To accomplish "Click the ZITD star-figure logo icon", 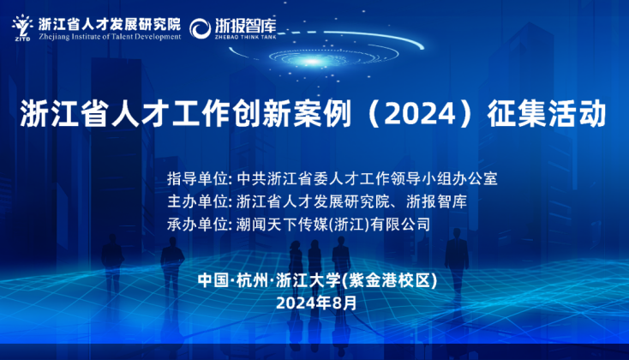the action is coord(22,27).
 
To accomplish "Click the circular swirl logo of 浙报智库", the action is coord(200,28).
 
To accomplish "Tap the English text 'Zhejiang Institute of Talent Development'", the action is coord(110,37).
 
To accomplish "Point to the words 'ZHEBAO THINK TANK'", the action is coord(245,37).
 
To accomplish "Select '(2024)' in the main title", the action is coord(420,114).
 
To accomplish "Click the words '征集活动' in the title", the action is coord(547,114).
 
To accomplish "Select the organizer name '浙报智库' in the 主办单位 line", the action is coord(436,201).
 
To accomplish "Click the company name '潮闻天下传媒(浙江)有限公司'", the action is coord(333,225).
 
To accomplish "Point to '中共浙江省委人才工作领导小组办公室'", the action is coord(367,178).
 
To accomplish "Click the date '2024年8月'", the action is coord(316,303).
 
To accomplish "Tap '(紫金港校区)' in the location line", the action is coord(389,280).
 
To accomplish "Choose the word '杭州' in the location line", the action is coord(252,280).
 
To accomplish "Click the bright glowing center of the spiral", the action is coord(312,62).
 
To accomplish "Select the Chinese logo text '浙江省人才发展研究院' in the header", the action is coord(110,25).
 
